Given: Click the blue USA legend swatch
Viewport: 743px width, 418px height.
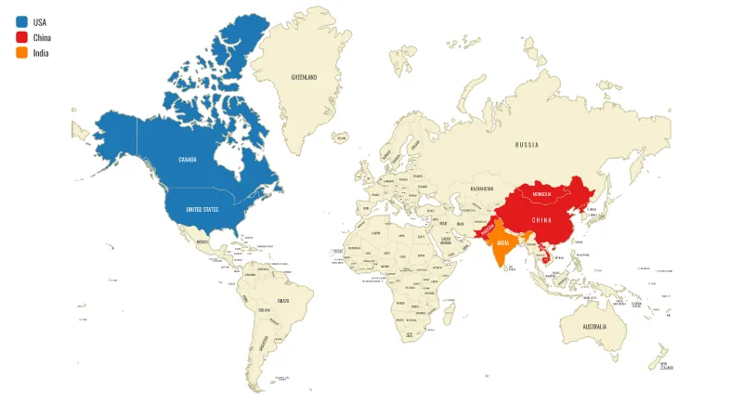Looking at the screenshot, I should pos(21,21).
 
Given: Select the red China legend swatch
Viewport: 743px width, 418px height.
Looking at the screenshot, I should pos(21,37).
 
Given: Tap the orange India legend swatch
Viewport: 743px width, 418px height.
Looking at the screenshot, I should pos(21,53).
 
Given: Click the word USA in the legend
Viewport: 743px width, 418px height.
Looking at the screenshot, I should pos(40,21).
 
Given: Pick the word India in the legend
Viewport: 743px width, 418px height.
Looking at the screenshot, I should pos(41,53).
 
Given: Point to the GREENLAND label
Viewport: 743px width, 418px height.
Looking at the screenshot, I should pos(304,77).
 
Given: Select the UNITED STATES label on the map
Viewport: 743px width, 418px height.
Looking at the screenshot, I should pos(202,210).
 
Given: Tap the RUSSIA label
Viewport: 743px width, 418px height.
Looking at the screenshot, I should pos(527,145).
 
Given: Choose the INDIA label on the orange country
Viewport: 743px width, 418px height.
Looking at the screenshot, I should pos(502,242).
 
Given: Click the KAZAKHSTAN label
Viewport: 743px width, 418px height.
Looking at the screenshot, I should pos(481,189).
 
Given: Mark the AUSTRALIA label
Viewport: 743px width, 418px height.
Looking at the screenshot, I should pos(594,327).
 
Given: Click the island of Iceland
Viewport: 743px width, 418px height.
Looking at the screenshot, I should pos(340,137).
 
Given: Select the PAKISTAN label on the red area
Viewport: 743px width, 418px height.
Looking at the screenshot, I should pos(484,229).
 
